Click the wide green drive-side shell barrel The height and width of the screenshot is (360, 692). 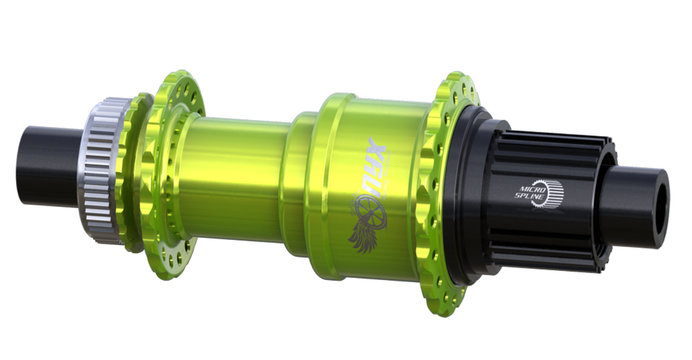point(369,190)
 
